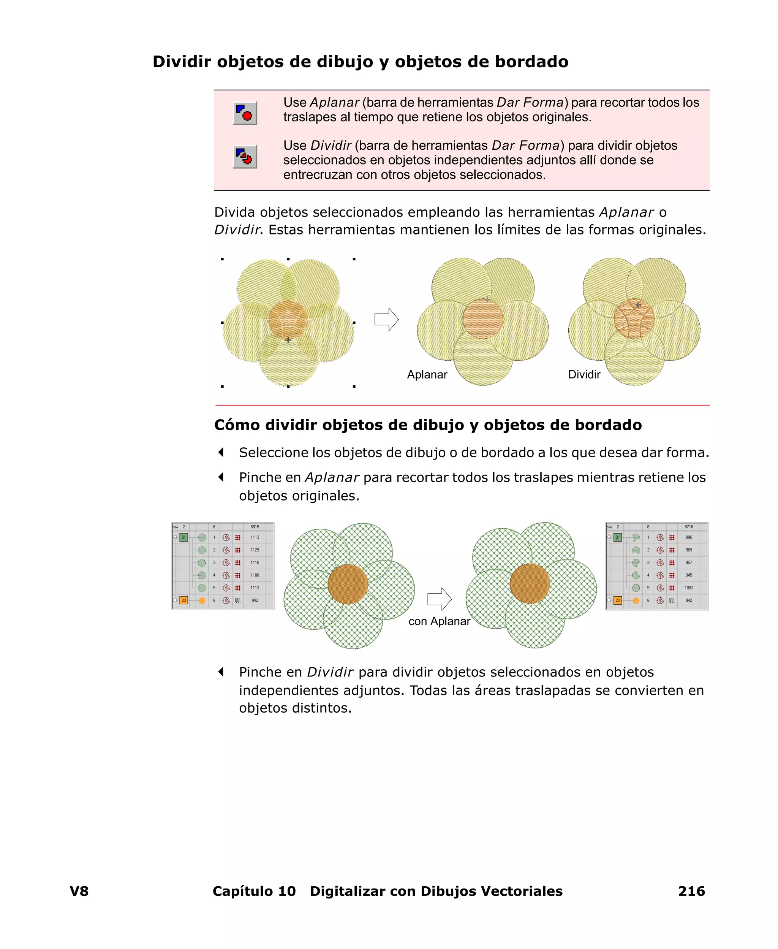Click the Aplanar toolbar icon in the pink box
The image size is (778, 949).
point(245,113)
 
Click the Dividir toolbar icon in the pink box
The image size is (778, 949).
point(245,157)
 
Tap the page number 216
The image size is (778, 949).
point(691,891)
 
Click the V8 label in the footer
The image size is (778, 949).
point(79,891)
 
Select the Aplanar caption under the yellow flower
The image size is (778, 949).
point(427,374)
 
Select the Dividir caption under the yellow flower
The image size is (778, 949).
point(584,374)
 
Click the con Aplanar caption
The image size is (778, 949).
point(439,621)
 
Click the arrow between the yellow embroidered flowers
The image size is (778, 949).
point(386,320)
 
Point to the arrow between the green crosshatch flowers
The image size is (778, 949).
point(439,599)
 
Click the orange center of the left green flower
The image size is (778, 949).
point(348,584)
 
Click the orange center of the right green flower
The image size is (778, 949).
point(530,584)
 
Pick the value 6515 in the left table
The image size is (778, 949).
point(255,527)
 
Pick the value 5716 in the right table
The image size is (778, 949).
point(689,527)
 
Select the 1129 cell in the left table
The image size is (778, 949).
point(255,550)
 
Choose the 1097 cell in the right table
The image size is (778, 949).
point(689,588)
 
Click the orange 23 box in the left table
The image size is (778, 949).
point(184,600)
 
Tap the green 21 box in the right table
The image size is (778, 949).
point(618,537)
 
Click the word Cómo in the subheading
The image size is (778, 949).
point(237,425)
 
